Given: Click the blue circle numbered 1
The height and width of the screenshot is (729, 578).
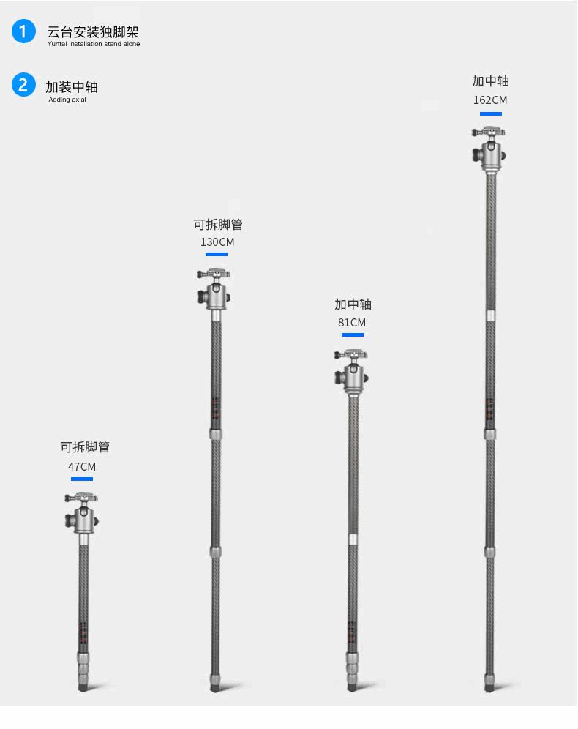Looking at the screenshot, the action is (23, 31).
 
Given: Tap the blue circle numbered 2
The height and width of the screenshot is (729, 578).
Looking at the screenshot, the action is (23, 85).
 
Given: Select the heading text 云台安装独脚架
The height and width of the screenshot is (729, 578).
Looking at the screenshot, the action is (93, 32).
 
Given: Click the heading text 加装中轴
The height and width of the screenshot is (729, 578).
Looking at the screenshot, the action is (72, 86).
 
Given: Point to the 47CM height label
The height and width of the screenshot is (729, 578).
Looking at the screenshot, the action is (82, 466).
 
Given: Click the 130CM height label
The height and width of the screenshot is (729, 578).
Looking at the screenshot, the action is (217, 242).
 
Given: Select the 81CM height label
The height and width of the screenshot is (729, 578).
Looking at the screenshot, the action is (352, 322).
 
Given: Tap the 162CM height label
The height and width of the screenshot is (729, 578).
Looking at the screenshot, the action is (490, 100).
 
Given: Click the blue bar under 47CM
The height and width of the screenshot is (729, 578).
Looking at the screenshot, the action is (82, 479).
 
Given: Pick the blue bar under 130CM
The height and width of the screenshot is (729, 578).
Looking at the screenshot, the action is (217, 254).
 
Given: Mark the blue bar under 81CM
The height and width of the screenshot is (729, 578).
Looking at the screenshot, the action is (352, 334).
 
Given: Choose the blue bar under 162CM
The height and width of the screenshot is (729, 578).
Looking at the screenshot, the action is (490, 113).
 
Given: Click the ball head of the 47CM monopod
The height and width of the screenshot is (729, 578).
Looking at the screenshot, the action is (81, 515).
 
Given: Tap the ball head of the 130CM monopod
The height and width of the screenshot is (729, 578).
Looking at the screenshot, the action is (215, 291).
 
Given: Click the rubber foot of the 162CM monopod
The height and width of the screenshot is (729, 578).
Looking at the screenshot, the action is (489, 687).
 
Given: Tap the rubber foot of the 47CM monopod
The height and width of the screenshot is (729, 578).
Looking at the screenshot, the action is (83, 687).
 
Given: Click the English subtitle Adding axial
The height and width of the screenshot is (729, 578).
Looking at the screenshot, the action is (67, 100).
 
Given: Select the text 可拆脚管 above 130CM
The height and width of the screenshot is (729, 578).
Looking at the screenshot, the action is (218, 225).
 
